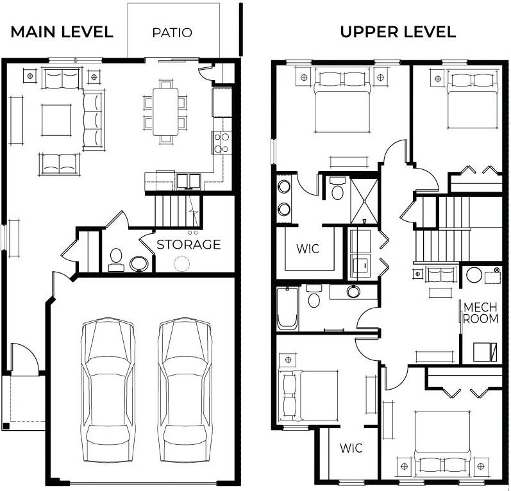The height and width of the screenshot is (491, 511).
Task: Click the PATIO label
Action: (172, 32)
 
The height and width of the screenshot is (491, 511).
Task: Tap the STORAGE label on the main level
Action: (188, 244)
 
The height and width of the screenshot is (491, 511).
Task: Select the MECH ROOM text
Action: (481, 312)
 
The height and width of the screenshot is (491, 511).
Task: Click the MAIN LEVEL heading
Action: (62, 32)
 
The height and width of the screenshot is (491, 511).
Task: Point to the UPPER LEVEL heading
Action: (398, 32)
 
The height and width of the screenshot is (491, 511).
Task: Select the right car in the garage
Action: (185, 381)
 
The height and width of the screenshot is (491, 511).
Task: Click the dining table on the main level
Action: (166, 111)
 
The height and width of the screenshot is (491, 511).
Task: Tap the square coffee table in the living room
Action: (56, 120)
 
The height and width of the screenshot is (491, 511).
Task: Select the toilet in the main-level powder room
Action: (116, 260)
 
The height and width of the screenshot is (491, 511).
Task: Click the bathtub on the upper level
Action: (287, 308)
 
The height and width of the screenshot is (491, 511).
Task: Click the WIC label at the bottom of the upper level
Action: (351, 447)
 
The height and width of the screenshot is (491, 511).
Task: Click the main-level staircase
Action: (174, 210)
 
